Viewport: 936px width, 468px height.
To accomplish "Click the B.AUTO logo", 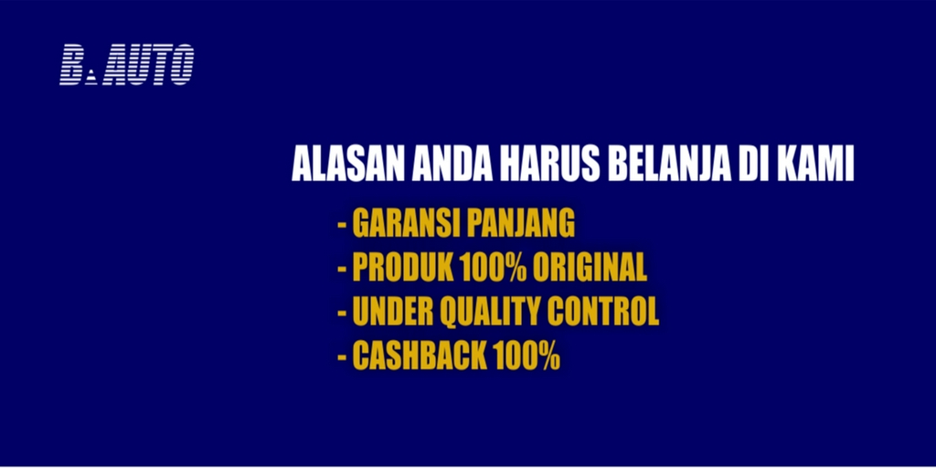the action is [126, 65].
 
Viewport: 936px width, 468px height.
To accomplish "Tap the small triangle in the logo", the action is [90, 79].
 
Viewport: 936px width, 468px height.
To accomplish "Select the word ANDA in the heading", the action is [453, 165].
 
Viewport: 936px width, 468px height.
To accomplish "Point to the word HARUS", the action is [550, 165].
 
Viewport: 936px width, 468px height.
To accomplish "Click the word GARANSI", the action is [406, 224].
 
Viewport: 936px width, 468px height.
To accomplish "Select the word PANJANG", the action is [520, 224].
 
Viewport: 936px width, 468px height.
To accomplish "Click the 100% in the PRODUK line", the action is [493, 269].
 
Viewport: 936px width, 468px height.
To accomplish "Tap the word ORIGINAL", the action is [590, 269].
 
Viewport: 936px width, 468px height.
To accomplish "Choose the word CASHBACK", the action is [419, 356].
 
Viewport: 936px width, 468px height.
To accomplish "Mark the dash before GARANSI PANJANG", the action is [342, 227].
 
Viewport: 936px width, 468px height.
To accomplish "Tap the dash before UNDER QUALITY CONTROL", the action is [342, 314].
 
